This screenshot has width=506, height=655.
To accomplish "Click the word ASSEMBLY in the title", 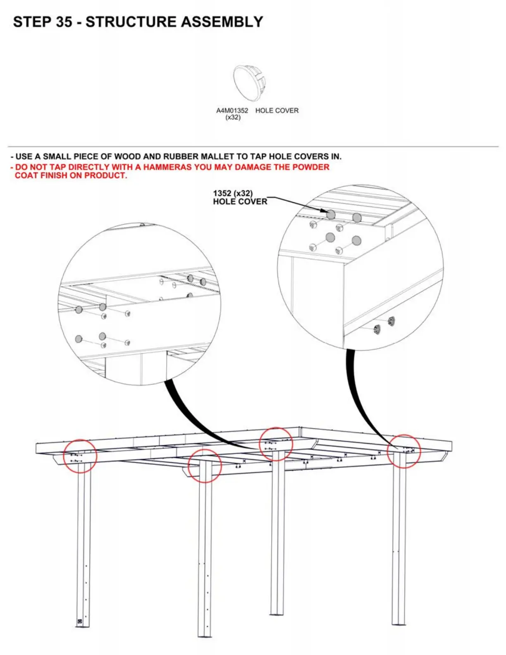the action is click(221, 22).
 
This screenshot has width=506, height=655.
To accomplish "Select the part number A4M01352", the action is click(232, 110).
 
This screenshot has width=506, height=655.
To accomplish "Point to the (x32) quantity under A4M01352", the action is click(233, 117).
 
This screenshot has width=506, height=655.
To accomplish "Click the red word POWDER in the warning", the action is click(311, 167).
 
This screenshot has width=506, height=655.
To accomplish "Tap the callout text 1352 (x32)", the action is click(233, 193).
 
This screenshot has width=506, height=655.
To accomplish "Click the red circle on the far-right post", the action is click(404, 451).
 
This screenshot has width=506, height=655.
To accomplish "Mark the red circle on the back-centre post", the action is click(276, 444).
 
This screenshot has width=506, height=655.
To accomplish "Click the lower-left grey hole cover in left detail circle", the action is click(79, 339).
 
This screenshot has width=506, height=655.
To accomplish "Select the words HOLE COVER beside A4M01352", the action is click(277, 110).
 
